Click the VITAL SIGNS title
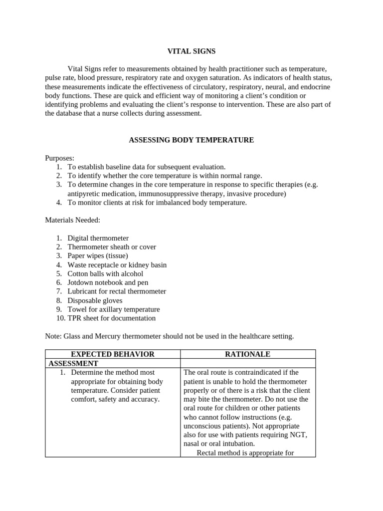pos(191,51)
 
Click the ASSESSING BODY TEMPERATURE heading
pos(191,140)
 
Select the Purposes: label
pos(59,158)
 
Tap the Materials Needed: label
pos(72,220)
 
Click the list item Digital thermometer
pos(98,238)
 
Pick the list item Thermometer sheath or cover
pos(112,247)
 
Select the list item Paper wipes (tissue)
pos(94,256)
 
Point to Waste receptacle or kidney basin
pos(117,265)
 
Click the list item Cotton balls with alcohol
pos(105,273)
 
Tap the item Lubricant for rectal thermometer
pos(117,291)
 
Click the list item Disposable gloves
pos(95,300)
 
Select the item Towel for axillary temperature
pos(114,309)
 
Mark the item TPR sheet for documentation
pos(112,318)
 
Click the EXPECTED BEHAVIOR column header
pos(112,354)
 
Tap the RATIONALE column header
pos(247,354)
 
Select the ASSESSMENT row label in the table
pos(73,364)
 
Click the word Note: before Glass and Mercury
pos(53,336)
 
